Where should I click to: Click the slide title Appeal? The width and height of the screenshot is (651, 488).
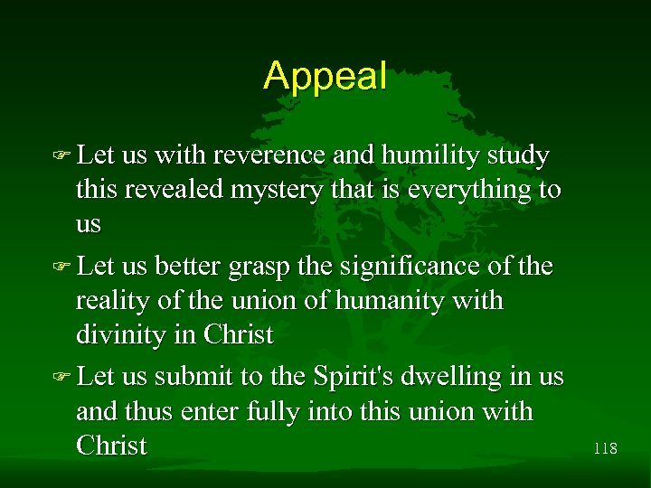point(325,76)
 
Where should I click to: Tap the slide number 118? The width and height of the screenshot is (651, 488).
point(605,446)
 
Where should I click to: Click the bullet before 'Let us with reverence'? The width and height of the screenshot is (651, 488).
point(63,157)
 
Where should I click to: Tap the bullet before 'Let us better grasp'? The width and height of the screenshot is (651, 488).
point(63,268)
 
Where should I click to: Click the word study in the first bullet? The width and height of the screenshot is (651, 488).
point(518,156)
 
